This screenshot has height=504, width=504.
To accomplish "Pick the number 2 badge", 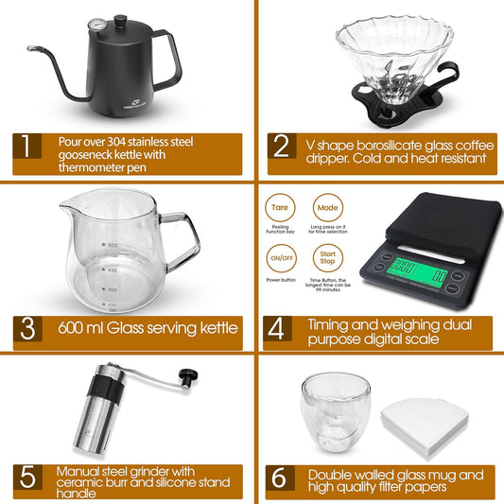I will tap(281, 147).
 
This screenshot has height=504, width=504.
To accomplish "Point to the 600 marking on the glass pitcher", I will tap(113, 246).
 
